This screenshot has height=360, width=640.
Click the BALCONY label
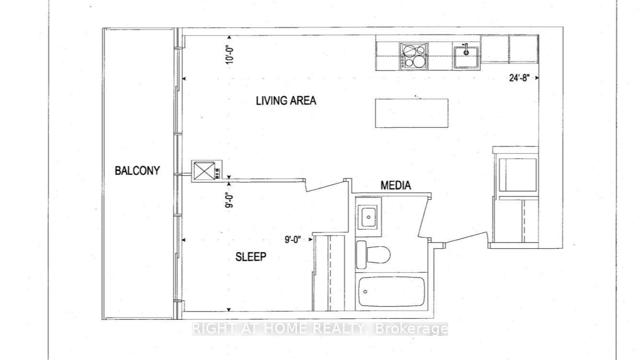[x=137, y=170]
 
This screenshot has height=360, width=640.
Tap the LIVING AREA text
[x=286, y=101]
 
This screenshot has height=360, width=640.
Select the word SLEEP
[x=251, y=257]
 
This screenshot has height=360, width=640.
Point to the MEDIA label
[x=396, y=185]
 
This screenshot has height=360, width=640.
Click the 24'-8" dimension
[x=520, y=78]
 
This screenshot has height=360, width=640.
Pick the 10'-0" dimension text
[x=230, y=53]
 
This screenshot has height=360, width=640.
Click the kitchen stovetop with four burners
[x=414, y=55]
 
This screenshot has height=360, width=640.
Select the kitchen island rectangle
[x=411, y=113]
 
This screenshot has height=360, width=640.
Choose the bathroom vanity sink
[x=368, y=216]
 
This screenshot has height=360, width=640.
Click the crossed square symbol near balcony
[x=204, y=170]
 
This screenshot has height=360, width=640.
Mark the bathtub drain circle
[x=366, y=291]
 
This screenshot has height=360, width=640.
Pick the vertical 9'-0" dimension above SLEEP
[x=230, y=199]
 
